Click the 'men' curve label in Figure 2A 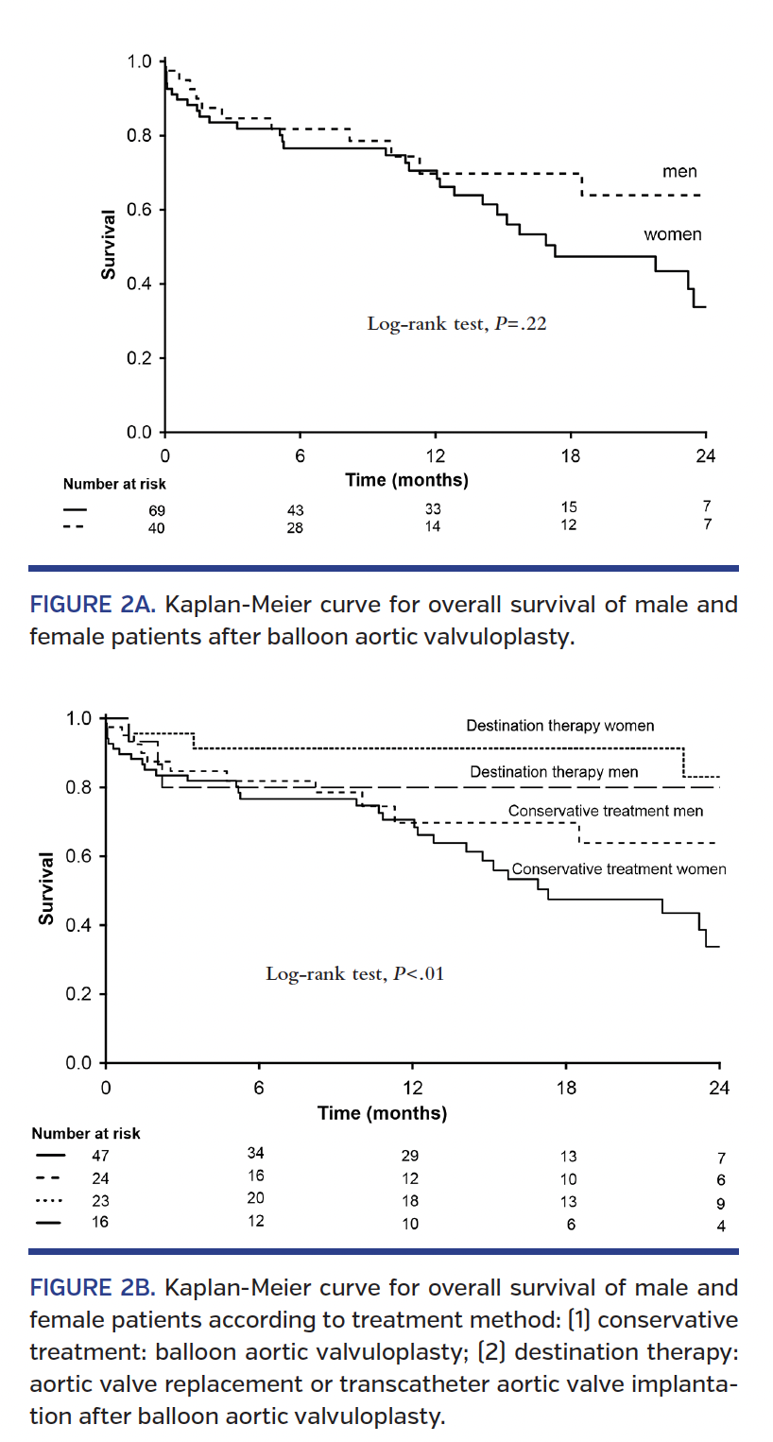pos(679,172)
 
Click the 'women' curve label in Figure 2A pos(673,234)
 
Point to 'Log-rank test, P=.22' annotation pos(457,324)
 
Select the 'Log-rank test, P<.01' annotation pos(354,973)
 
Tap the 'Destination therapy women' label pos(559,726)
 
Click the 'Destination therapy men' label pos(554,772)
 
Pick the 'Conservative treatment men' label pos(605,811)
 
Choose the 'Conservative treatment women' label pos(618,868)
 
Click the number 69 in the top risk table pos(156,511)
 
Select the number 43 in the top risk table pos(296,511)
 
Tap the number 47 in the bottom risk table pos(100,1155)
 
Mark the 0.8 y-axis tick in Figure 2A pos(140,135)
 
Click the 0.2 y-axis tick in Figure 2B pos(79,994)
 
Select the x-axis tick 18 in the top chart pos(570,455)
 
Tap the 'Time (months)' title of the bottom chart pos(382,1113)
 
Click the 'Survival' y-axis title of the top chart pos(109,245)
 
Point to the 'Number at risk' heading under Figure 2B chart pos(86,1133)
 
